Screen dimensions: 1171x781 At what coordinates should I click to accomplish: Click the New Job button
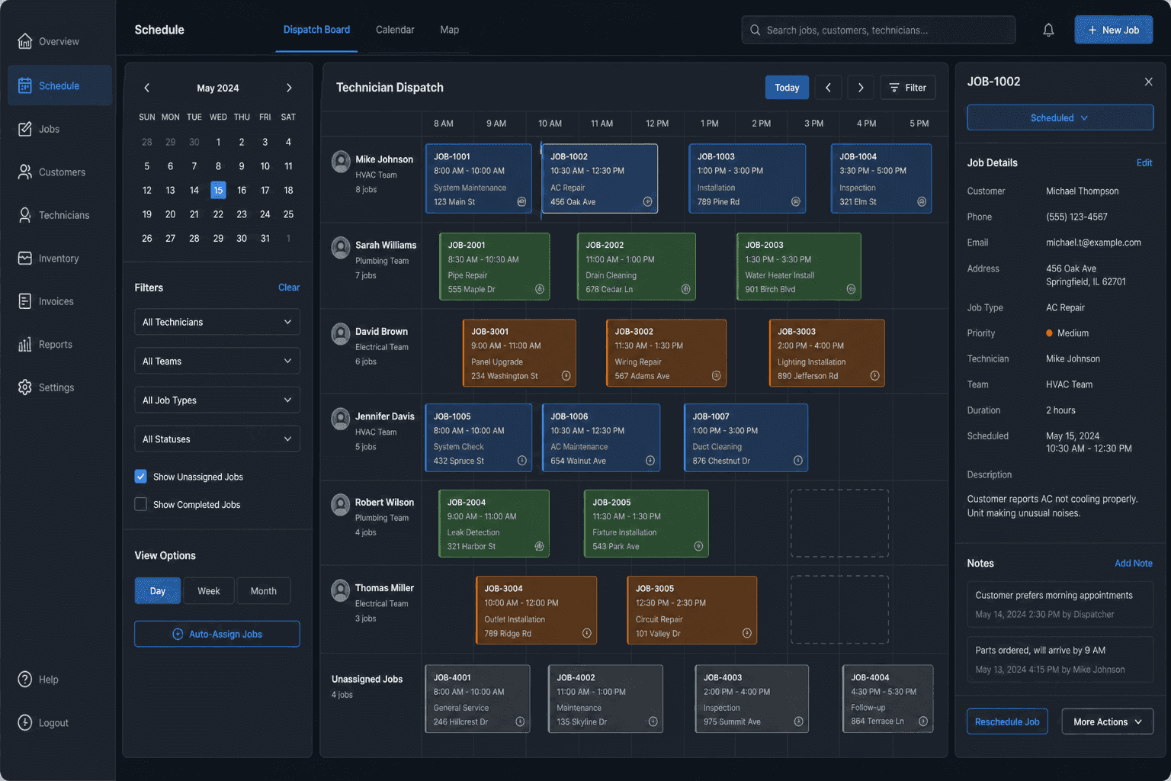tap(1114, 30)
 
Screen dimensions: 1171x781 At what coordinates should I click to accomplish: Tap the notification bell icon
tap(1048, 30)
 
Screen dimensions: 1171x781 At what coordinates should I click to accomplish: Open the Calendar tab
tap(395, 30)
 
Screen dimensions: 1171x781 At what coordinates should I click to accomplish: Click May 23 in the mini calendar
tap(242, 214)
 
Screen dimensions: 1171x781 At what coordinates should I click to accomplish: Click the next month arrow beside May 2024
tap(289, 88)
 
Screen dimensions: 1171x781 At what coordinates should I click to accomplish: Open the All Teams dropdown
tap(217, 361)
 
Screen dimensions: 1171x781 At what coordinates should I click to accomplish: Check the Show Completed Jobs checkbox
tap(140, 504)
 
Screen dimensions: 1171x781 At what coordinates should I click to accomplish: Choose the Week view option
tap(209, 591)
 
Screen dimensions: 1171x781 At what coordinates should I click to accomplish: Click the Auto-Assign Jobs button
tap(217, 634)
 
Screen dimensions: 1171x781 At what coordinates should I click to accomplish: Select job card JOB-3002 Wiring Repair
tap(666, 353)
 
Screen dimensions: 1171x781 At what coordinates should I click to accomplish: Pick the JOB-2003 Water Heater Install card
tap(799, 267)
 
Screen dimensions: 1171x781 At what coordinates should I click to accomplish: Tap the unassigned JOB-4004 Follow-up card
tap(887, 699)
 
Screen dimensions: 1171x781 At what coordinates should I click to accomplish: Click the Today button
tap(787, 88)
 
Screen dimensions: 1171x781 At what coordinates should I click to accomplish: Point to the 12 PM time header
tap(657, 124)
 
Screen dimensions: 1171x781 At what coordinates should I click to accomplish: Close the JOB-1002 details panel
tap(1149, 82)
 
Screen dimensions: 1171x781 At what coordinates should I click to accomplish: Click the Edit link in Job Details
tap(1144, 162)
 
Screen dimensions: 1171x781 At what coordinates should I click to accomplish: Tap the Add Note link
tap(1134, 564)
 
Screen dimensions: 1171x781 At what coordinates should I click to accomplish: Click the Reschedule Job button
tap(1007, 722)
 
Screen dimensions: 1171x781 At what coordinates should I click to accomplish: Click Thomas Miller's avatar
tap(340, 590)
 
